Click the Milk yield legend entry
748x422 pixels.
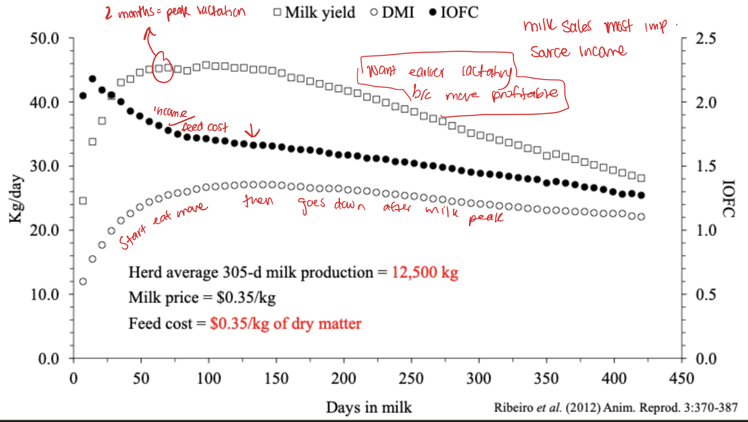click(x=315, y=12)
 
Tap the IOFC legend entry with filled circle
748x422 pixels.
click(x=454, y=12)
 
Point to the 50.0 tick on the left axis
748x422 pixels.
click(x=45, y=38)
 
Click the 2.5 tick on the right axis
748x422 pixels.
click(x=706, y=38)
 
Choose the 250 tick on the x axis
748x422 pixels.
click(x=411, y=378)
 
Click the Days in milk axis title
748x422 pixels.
click(x=368, y=407)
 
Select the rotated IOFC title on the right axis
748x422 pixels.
click(x=728, y=199)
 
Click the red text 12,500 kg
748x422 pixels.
click(x=425, y=272)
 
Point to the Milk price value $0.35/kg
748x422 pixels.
click(x=246, y=298)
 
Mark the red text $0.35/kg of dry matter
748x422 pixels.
click(x=286, y=323)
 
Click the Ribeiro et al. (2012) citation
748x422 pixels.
click(x=616, y=408)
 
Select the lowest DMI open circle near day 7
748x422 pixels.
click(x=83, y=281)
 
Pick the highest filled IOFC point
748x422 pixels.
click(x=92, y=79)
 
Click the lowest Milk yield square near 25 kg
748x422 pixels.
click(x=83, y=201)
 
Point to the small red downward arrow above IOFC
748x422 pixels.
click(x=252, y=131)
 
